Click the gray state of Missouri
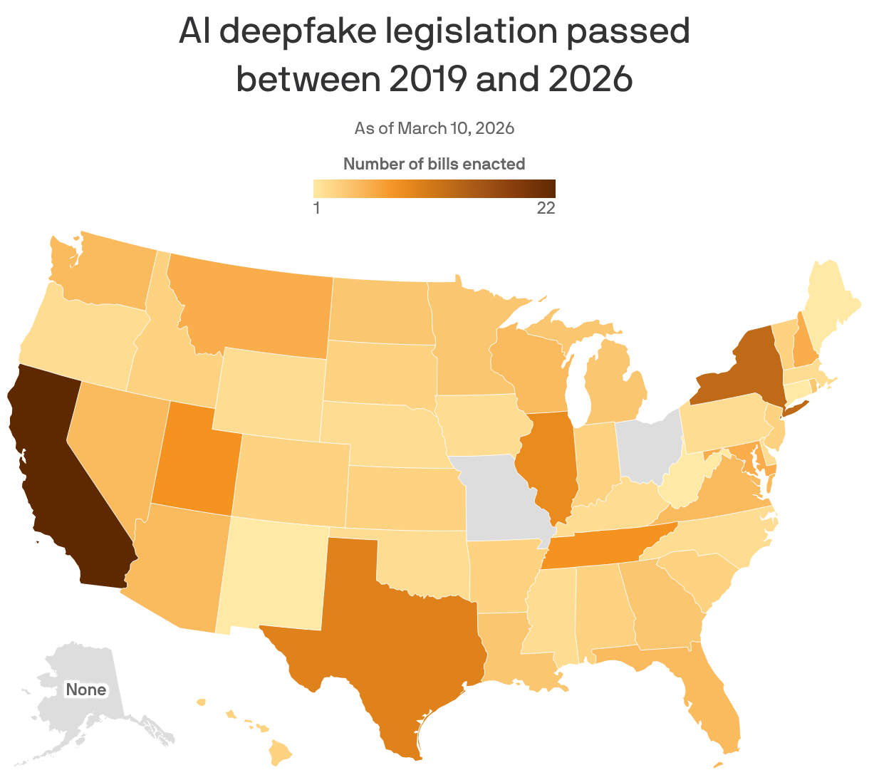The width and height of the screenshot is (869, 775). pyautogui.click(x=502, y=499)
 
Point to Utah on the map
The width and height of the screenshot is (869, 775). pyautogui.click(x=192, y=456)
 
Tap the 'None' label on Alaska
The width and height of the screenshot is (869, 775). pyautogui.click(x=85, y=690)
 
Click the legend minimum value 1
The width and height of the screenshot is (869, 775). pyautogui.click(x=317, y=208)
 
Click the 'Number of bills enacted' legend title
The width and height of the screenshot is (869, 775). pyautogui.click(x=434, y=164)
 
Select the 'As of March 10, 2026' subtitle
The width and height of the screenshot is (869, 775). pyautogui.click(x=434, y=128)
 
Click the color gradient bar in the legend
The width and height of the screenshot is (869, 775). pyautogui.click(x=434, y=188)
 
